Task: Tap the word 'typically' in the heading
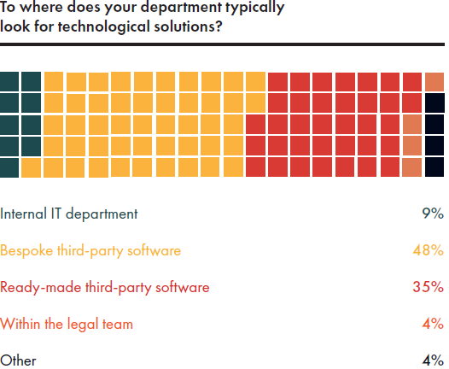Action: pyautogui.click(x=255, y=8)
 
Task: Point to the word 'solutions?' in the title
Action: pyautogui.click(x=188, y=26)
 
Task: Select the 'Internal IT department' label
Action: pyautogui.click(x=69, y=214)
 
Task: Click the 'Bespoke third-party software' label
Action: pyautogui.click(x=90, y=250)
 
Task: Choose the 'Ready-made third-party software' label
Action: pyautogui.click(x=105, y=287)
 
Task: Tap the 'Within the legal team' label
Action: pyautogui.click(x=67, y=324)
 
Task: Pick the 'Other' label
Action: pyautogui.click(x=18, y=360)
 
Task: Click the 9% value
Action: pyautogui.click(x=433, y=214)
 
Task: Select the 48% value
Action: pyautogui.click(x=429, y=250)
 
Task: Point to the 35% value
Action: pyautogui.click(x=429, y=287)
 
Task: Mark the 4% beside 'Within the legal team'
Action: pyautogui.click(x=433, y=324)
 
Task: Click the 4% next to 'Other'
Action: pyautogui.click(x=433, y=360)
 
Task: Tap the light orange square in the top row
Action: pyautogui.click(x=434, y=82)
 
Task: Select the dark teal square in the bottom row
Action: pyautogui.click(x=9, y=167)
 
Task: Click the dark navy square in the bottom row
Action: pyautogui.click(x=434, y=167)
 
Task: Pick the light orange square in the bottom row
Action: pyautogui.click(x=412, y=167)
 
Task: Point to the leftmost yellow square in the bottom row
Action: pyautogui.click(x=32, y=167)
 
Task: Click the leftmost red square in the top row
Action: pyautogui.click(x=277, y=82)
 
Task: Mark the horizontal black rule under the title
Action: pyautogui.click(x=222, y=44)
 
